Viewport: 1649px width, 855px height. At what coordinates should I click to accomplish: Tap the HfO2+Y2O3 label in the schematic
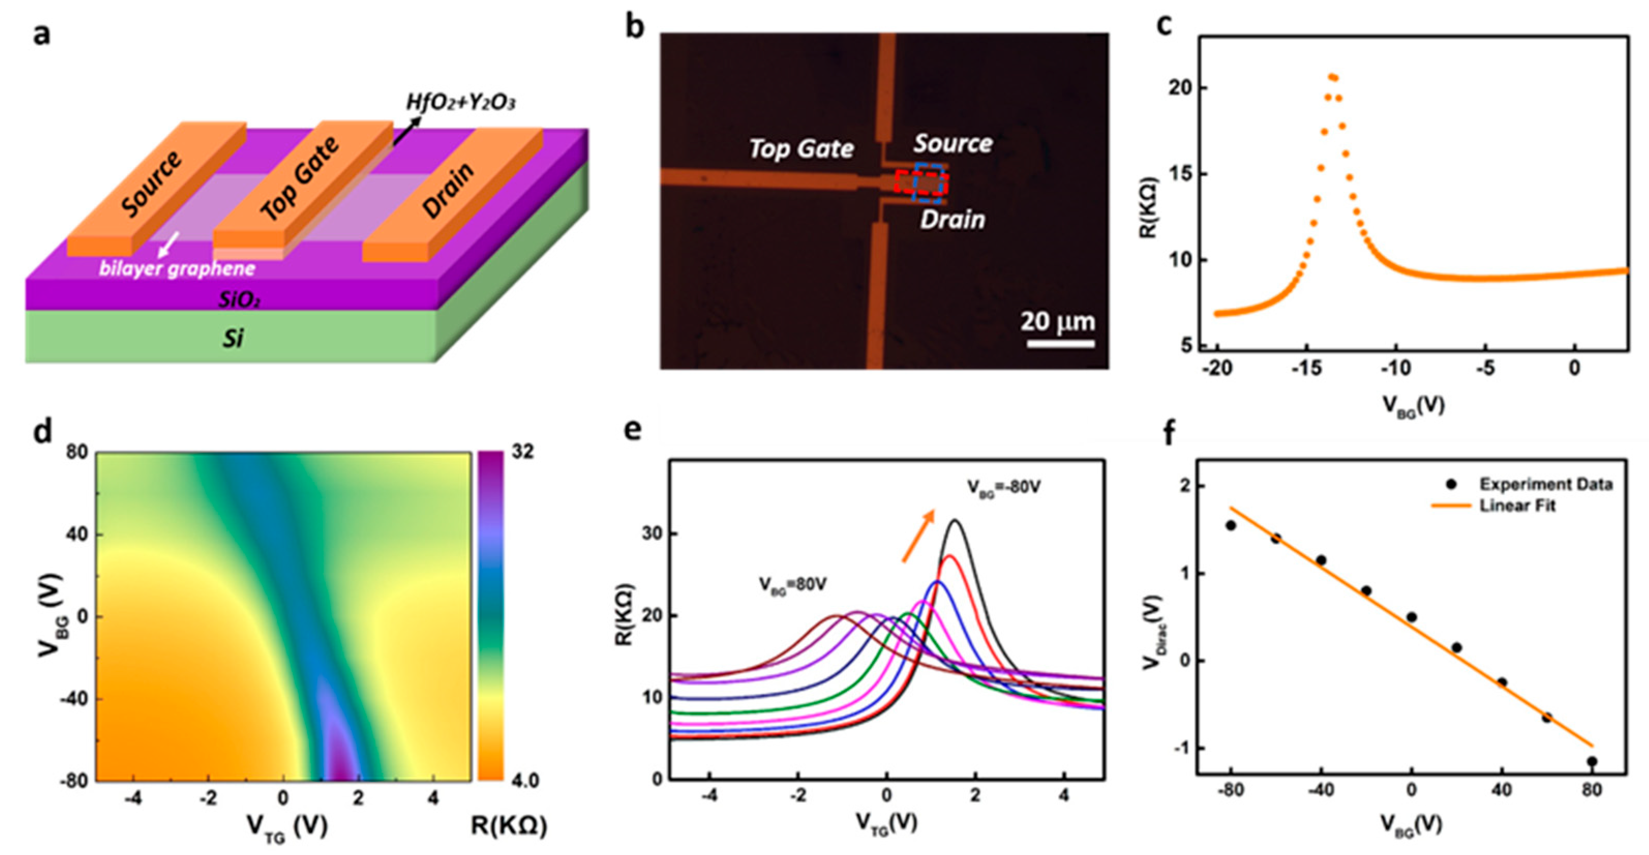[461, 102]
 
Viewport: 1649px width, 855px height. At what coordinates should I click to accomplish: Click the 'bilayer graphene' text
[177, 268]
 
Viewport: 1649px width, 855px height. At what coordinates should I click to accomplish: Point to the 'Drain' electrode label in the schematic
[448, 190]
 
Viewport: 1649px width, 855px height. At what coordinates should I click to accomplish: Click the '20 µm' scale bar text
[1057, 321]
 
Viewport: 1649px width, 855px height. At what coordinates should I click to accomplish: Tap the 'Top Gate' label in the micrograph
[801, 149]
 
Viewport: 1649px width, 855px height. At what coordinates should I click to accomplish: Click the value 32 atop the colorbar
[522, 452]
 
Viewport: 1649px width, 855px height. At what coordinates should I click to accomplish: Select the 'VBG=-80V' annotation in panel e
[1004, 487]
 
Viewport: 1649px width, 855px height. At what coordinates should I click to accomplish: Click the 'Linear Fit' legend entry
[1517, 506]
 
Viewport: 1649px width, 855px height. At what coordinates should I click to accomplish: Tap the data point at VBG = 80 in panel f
[1592, 761]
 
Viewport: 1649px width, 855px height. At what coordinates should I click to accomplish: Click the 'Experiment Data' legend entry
[1545, 484]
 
